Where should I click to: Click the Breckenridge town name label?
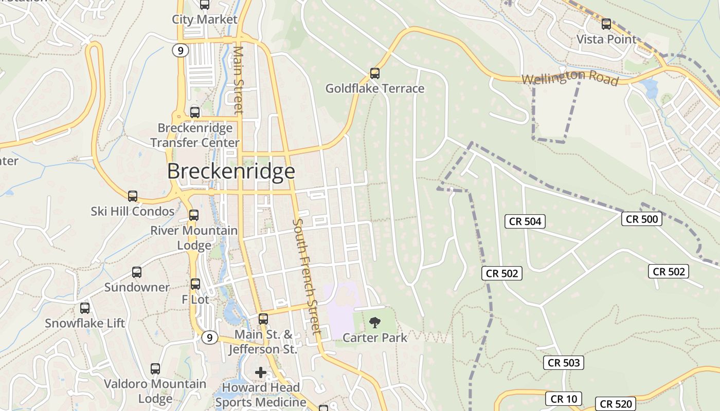pyautogui.click(x=231, y=171)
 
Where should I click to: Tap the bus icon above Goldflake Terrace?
pyautogui.click(x=375, y=73)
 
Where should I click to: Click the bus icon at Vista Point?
pyautogui.click(x=606, y=24)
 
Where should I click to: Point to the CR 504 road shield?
pyautogui.click(x=525, y=221)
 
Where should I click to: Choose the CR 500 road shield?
pyautogui.click(x=641, y=219)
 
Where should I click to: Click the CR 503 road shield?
pyautogui.click(x=564, y=363)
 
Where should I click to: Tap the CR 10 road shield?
pyautogui.click(x=564, y=399)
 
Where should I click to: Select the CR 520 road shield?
pyautogui.click(x=616, y=404)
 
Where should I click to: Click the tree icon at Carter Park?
pyautogui.click(x=375, y=323)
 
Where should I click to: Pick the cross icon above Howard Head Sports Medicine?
pyautogui.click(x=261, y=372)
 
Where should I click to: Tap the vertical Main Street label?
pyautogui.click(x=238, y=80)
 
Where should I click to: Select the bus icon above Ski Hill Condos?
pyautogui.click(x=133, y=196)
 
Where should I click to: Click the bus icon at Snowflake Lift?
pyautogui.click(x=85, y=308)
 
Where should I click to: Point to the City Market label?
pyautogui.click(x=205, y=20)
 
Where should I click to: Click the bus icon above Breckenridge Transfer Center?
pyautogui.click(x=195, y=112)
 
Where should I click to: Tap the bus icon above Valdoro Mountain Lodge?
pyautogui.click(x=155, y=368)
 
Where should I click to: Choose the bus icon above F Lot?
pyautogui.click(x=195, y=284)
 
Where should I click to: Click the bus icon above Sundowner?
pyautogui.click(x=137, y=272)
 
